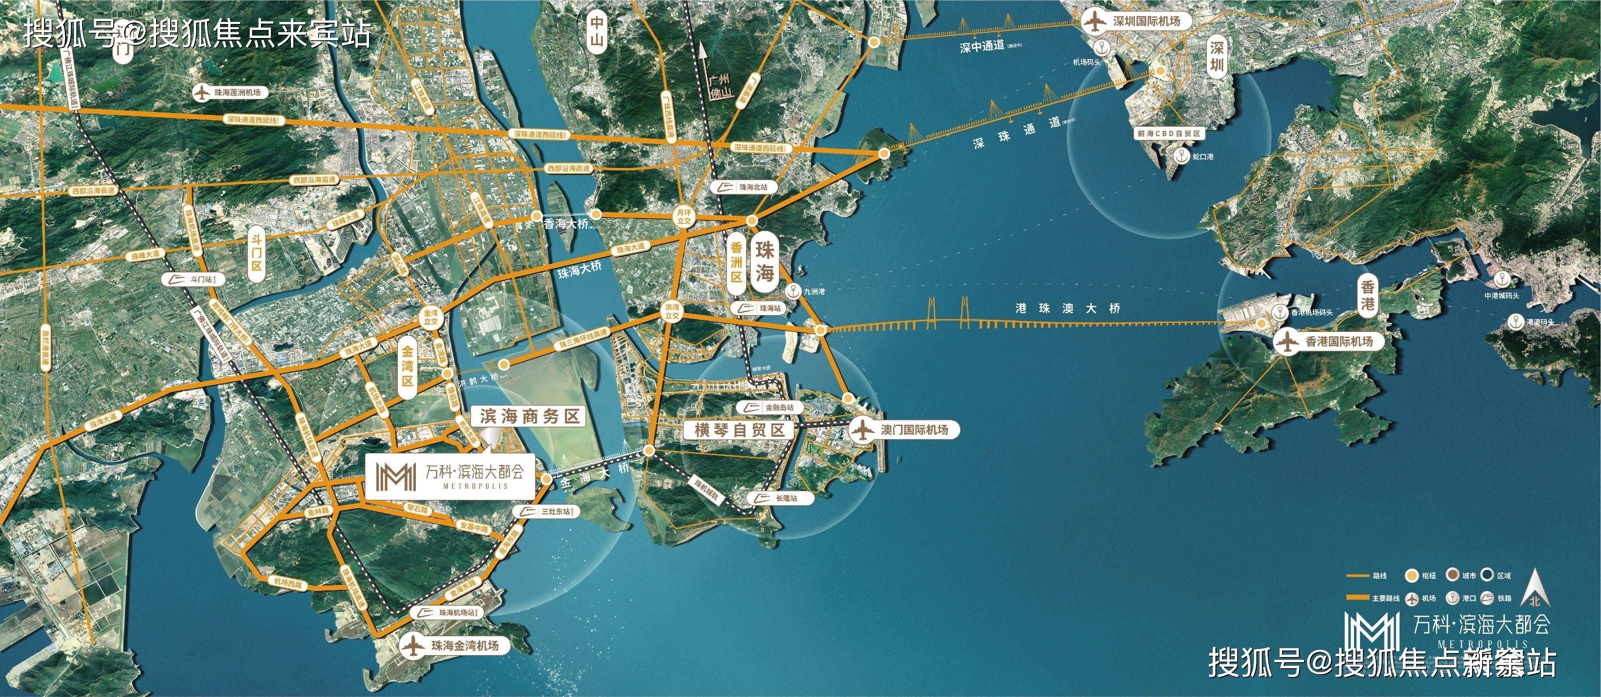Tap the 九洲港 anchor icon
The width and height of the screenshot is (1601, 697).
793,290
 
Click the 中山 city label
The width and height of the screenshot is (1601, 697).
597,32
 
